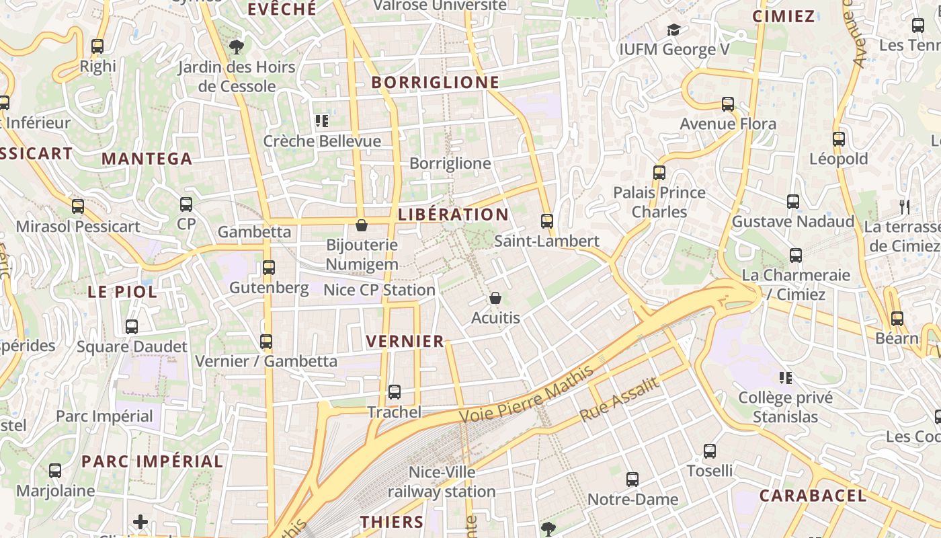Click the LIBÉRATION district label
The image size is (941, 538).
click(x=453, y=215)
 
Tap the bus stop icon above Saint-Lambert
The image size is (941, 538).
click(x=547, y=221)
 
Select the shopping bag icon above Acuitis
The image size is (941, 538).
click(x=495, y=297)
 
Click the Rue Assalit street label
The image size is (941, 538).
click(x=618, y=399)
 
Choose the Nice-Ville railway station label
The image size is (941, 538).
click(x=442, y=482)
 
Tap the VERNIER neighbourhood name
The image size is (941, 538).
click(x=405, y=342)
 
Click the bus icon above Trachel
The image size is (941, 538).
click(x=395, y=391)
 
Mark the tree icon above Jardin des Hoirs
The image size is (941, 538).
click(x=236, y=47)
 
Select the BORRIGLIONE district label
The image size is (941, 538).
click(x=436, y=83)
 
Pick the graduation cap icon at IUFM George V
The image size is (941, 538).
click(x=673, y=30)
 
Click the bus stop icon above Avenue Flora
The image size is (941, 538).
click(x=728, y=104)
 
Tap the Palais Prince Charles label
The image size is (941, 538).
click(x=659, y=202)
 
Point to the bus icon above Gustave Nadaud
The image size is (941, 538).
click(x=793, y=202)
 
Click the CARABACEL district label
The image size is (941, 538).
click(x=813, y=496)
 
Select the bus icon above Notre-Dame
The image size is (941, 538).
click(x=632, y=479)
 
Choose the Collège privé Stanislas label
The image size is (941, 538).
click(x=785, y=407)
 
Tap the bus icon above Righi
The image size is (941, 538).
click(x=97, y=46)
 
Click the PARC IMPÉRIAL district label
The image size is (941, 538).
click(x=152, y=462)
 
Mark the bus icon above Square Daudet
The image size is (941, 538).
click(x=132, y=327)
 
